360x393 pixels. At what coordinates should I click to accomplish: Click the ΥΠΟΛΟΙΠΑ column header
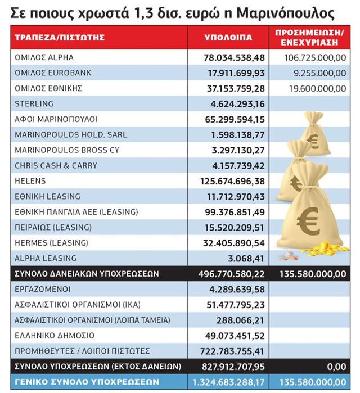pyautogui.click(x=228, y=38)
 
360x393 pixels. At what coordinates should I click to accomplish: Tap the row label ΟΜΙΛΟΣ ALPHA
pyautogui.click(x=44, y=57)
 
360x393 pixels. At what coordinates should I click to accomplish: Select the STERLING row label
pyautogui.click(x=34, y=103)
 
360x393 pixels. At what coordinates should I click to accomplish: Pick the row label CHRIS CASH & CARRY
pyautogui.click(x=56, y=165)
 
